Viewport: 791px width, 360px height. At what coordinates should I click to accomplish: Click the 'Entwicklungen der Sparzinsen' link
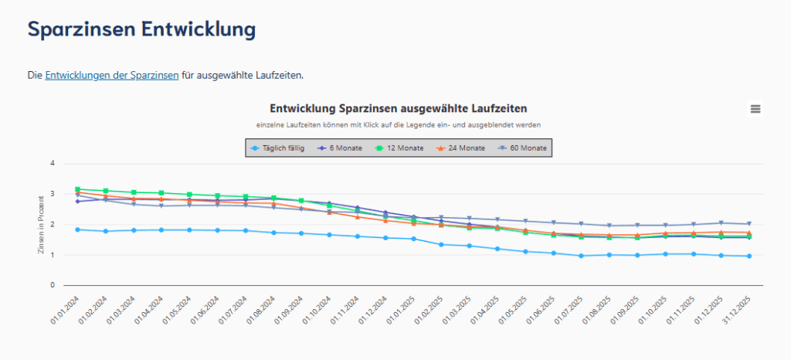[x=112, y=75]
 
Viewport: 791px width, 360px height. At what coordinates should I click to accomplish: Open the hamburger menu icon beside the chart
[x=755, y=109]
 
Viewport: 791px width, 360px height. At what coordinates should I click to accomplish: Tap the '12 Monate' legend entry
[x=399, y=148]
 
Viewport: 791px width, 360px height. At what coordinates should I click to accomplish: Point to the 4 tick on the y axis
[x=53, y=163]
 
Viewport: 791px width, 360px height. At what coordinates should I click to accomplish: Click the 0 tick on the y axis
[x=53, y=285]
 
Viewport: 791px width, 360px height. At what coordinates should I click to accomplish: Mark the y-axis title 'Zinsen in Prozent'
[x=41, y=224]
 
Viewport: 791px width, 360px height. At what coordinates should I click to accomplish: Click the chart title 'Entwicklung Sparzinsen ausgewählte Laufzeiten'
[x=398, y=108]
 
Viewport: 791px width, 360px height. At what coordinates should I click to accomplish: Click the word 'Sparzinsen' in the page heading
[x=80, y=29]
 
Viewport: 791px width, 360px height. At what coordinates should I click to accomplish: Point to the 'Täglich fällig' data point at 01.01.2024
[x=77, y=229]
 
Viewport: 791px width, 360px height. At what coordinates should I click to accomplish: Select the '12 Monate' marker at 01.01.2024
[x=77, y=189]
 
